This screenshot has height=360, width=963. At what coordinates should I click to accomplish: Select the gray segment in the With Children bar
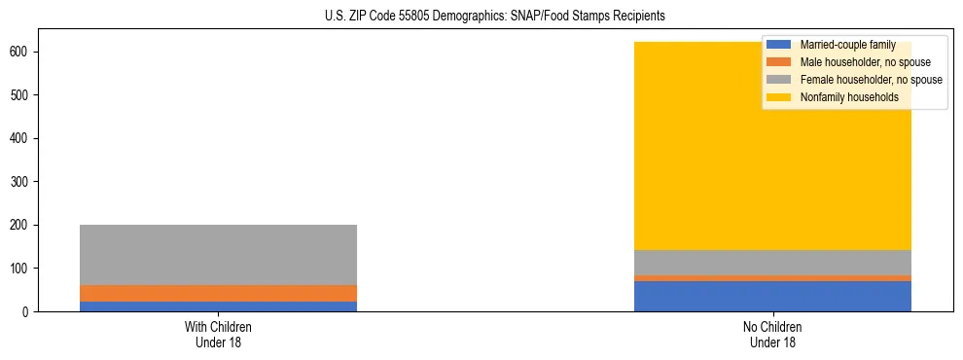tap(218, 255)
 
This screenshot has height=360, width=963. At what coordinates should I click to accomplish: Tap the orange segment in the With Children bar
tap(218, 293)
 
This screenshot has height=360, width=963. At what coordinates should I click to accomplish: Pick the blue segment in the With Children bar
tap(218, 306)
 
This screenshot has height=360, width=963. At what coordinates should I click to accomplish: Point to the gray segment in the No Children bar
tap(772, 263)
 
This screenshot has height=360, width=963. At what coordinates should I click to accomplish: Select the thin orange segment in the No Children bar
tap(772, 278)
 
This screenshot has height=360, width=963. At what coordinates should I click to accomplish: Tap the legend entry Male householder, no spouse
tap(858, 62)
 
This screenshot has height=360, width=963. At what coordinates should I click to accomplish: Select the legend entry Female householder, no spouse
tap(871, 80)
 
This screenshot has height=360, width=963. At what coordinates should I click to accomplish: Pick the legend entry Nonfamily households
tap(842, 97)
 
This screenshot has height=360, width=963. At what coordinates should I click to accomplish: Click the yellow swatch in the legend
tap(779, 97)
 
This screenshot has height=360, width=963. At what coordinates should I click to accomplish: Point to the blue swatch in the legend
tap(779, 45)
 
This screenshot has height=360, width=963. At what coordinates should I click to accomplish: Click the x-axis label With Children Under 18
tap(218, 335)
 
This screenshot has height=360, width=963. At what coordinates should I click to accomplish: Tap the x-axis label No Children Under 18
tap(772, 335)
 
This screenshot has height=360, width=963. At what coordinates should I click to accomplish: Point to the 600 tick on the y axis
tap(37, 52)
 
